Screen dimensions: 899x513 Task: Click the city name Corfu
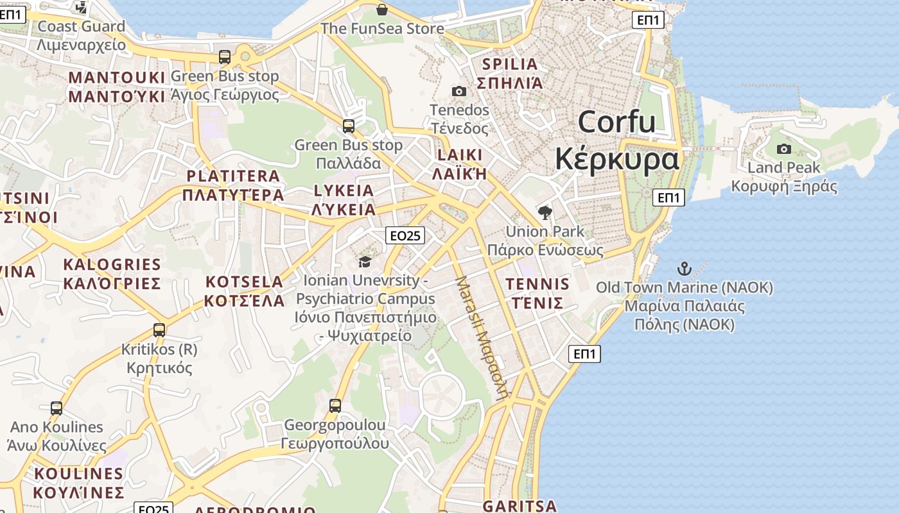point(616,122)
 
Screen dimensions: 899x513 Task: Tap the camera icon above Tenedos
point(458,91)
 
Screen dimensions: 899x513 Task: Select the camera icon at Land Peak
point(783,149)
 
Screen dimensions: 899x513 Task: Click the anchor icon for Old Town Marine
point(685,269)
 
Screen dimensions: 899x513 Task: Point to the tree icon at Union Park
point(545,212)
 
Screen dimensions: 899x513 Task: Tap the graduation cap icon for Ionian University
point(365,262)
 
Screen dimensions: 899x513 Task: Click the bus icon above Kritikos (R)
point(159,330)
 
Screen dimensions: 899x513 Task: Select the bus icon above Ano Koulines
point(57,408)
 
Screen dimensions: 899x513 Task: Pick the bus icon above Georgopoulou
point(335,405)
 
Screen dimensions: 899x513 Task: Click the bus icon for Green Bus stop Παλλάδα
point(349,126)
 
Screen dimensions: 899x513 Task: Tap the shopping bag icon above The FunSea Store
point(382,10)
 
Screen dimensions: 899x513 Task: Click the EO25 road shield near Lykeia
point(405,235)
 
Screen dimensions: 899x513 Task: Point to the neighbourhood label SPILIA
point(509,64)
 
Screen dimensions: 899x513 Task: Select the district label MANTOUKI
point(117,78)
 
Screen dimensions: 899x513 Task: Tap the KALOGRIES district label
point(112,264)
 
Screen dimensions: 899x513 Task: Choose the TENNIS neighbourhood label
point(537,284)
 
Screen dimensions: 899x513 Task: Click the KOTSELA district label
point(244,282)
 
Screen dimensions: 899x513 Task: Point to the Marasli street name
point(480,337)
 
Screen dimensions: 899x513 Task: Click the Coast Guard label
point(81,26)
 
